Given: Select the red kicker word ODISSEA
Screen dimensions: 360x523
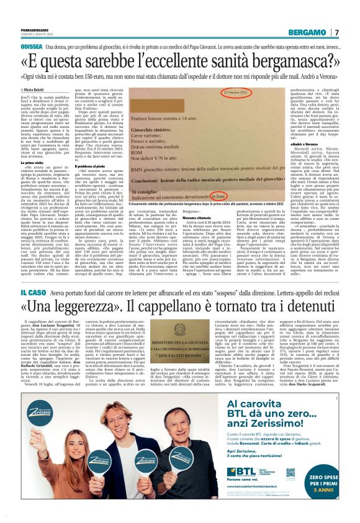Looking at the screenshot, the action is [32, 47].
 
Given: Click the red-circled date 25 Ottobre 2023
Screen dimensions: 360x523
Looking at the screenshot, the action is [236, 93].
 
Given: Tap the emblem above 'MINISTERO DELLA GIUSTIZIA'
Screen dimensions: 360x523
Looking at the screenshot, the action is [179, 343].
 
